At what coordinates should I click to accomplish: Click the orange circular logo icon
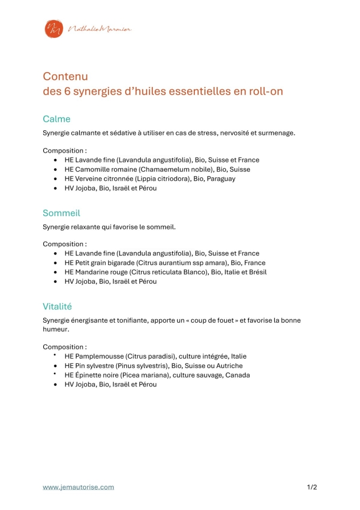pyautogui.click(x=54, y=29)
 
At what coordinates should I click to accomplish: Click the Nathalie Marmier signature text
pyautogui.click(x=99, y=29)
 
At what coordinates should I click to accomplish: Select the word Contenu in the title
pyautogui.click(x=65, y=76)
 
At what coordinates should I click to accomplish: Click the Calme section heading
pyautogui.click(x=56, y=119)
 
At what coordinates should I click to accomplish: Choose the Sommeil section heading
pyautogui.click(x=61, y=213)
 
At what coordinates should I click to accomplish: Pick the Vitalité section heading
pyautogui.click(x=58, y=307)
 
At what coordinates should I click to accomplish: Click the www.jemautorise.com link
pyautogui.click(x=79, y=487)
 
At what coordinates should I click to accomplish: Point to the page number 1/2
pyautogui.click(x=312, y=487)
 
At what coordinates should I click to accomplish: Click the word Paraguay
pyautogui.click(x=221, y=179)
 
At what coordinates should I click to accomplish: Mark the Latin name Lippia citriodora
pyautogui.click(x=166, y=179)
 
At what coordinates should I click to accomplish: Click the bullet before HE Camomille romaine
pyautogui.click(x=56, y=170)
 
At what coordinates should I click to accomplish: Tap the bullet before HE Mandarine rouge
pyautogui.click(x=56, y=272)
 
